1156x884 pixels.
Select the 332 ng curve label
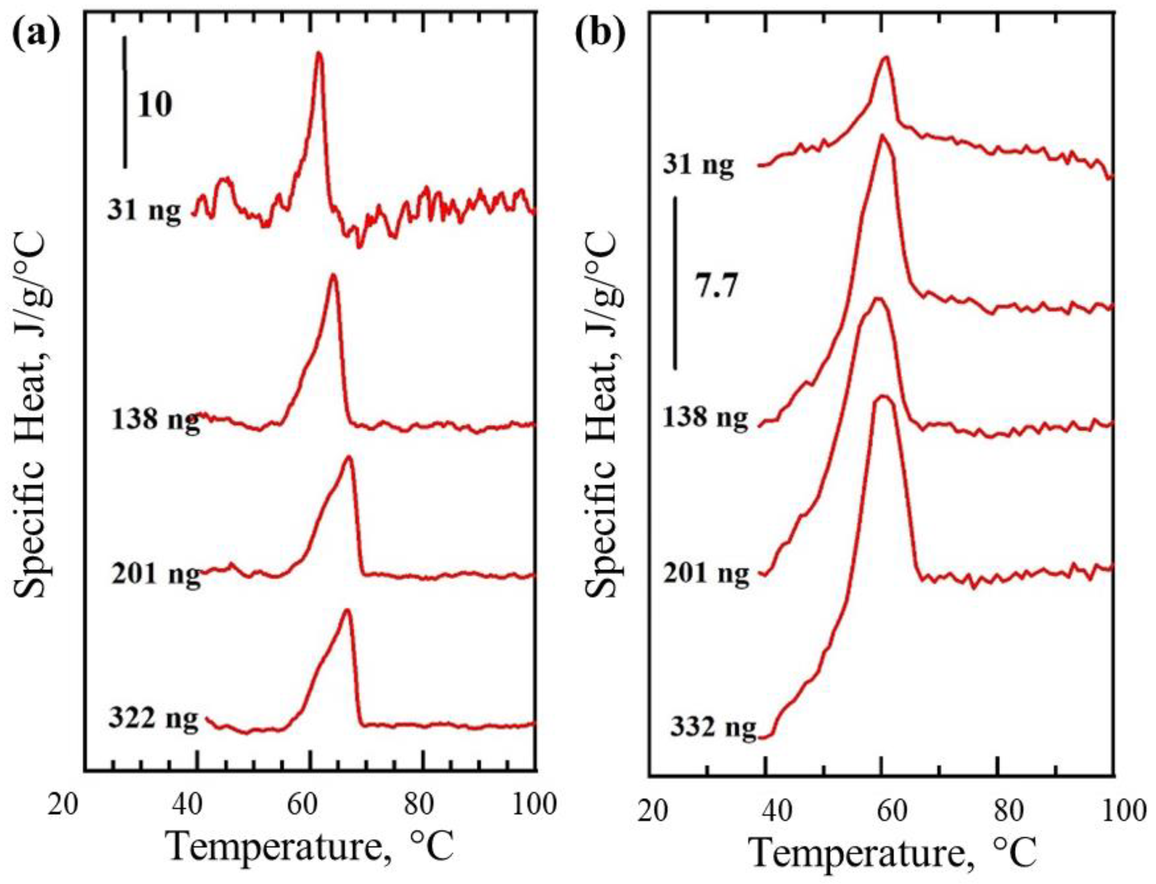pos(713,729)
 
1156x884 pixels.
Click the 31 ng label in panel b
pos(697,166)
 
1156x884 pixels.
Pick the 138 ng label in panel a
pos(156,420)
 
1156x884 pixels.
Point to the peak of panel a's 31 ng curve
pos(318,53)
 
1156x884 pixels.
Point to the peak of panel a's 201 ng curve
pos(348,457)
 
